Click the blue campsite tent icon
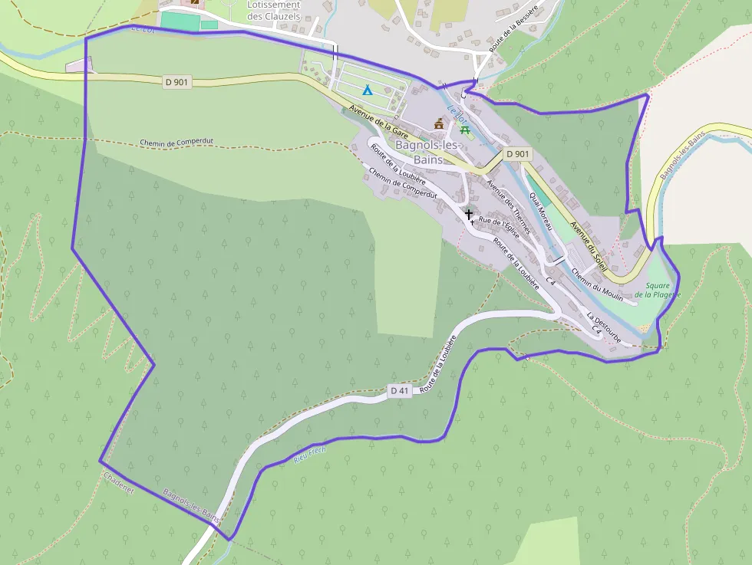point(368,90)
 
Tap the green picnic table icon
point(463,128)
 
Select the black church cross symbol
point(468,215)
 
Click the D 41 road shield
point(400,391)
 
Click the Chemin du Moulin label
point(596,284)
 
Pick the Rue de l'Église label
point(499,228)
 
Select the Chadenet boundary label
point(118,483)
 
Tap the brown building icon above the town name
point(439,123)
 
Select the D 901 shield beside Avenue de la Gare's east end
point(517,154)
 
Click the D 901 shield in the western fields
point(177,82)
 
